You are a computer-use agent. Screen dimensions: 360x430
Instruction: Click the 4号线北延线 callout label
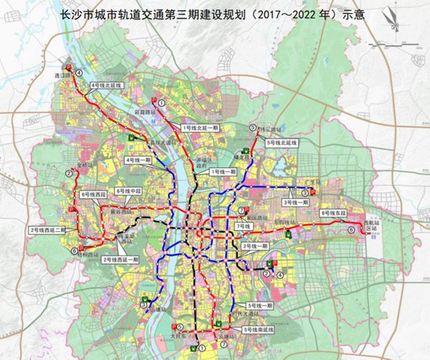click(x=105, y=85)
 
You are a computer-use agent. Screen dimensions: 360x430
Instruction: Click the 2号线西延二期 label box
click(x=47, y=229)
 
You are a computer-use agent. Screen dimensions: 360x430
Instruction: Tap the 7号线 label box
click(x=243, y=226)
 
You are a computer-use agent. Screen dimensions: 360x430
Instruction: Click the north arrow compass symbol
click(x=407, y=22)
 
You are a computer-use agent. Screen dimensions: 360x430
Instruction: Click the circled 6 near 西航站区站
click(x=350, y=230)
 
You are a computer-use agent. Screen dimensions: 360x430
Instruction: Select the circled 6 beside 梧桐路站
click(x=75, y=250)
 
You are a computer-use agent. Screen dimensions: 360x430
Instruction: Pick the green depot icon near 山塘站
click(x=145, y=300)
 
